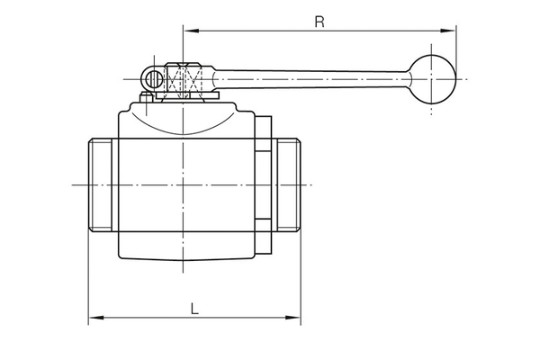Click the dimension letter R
point(319,21)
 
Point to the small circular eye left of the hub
point(155,79)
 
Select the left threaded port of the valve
point(103,184)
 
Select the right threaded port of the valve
point(287,184)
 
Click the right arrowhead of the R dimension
point(451,31)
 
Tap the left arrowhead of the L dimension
point(93,318)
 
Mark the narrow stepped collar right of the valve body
point(261,184)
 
